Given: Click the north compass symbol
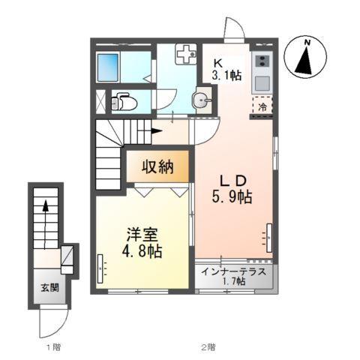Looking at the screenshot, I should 306,58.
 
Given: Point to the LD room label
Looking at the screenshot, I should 234,181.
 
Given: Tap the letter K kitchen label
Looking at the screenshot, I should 218,63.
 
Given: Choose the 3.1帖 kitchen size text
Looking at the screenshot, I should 225,76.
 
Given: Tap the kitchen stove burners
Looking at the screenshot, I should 262,61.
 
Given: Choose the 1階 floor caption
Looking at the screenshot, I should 52,346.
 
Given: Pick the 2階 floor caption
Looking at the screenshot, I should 207,346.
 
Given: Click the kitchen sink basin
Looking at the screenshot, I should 262,81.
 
